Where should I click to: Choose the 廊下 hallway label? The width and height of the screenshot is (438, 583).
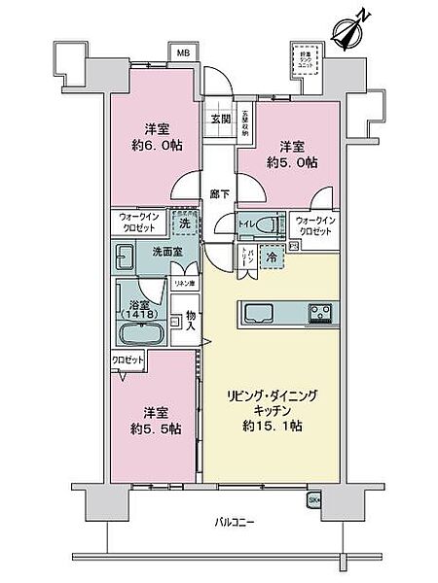(x=219, y=193)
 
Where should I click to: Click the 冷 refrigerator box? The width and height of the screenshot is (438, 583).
(x=274, y=257)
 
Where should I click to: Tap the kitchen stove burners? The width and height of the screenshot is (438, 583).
(x=319, y=314)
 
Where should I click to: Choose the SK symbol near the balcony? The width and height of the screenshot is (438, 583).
(x=313, y=500)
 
